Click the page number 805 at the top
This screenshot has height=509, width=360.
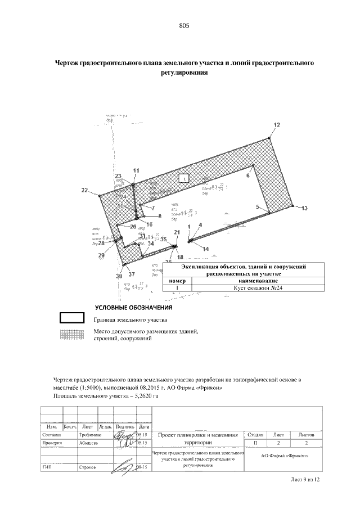click(184, 26)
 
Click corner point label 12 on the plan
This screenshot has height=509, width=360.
click(276, 124)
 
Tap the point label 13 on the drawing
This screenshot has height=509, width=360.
click(304, 209)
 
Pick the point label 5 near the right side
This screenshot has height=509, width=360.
click(258, 208)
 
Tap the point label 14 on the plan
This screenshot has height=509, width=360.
click(205, 248)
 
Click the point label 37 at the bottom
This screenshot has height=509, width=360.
click(131, 274)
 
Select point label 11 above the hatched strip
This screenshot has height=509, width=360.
click(136, 170)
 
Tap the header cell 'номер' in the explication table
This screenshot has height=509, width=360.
click(177, 280)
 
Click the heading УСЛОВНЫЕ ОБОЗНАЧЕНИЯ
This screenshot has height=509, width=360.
click(133, 308)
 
